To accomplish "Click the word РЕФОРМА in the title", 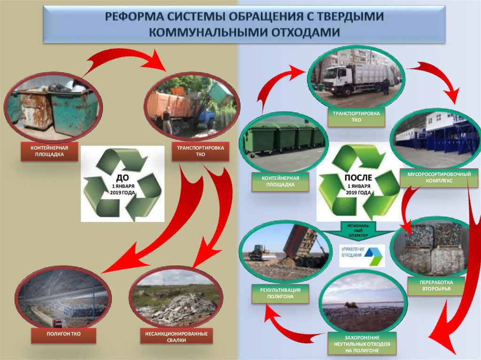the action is point(134,16).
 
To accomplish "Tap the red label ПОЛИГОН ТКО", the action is point(63,335).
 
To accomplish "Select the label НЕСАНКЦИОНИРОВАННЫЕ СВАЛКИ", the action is point(177,337).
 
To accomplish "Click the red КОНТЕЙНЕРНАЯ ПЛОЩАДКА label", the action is point(49,151).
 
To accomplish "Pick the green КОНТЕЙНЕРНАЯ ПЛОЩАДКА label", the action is point(280,182).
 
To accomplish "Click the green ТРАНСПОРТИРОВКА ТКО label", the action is point(356,117).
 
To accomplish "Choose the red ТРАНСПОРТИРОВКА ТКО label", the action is point(200,151).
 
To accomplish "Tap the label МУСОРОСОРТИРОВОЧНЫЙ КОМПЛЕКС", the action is point(439,177).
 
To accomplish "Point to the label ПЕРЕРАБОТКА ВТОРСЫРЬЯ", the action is point(436,285).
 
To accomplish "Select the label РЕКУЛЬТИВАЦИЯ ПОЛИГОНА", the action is point(280,293).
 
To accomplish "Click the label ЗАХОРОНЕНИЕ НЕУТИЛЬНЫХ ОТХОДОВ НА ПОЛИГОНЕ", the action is point(362,344).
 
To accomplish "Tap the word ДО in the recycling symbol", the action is point(123,177).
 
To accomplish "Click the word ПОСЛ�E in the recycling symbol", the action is point(358,177).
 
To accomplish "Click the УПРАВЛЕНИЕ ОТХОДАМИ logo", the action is point(362,255).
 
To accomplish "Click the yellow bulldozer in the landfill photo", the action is point(259,252).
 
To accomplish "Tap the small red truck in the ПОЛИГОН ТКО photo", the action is point(57,322).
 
